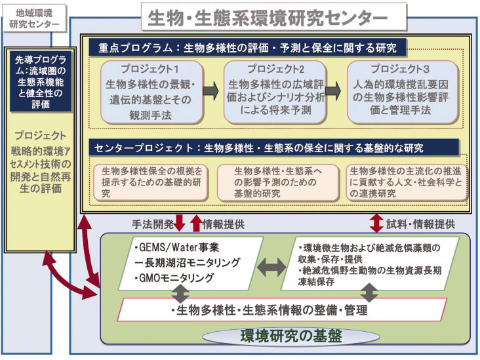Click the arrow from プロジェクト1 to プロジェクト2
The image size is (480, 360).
212,91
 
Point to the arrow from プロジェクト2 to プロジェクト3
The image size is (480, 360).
334,91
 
